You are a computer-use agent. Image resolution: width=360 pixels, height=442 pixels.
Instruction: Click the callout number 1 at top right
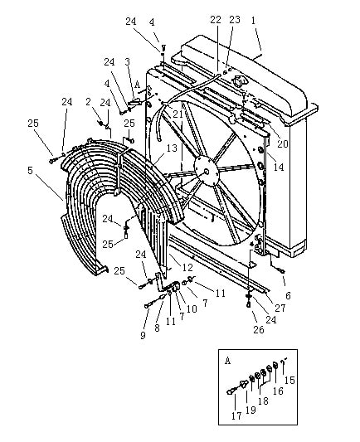point(254,21)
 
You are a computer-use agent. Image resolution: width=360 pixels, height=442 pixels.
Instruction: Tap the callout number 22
point(216,20)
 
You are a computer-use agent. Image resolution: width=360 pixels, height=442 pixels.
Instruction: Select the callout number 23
point(235,19)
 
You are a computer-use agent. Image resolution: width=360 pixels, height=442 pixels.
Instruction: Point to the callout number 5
point(31,171)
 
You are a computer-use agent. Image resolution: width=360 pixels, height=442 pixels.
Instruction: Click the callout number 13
point(172,148)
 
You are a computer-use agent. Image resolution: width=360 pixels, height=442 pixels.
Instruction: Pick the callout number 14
point(279,167)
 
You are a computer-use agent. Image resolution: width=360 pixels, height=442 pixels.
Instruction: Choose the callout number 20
point(283,143)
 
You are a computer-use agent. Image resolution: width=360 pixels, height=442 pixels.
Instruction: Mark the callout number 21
point(178,114)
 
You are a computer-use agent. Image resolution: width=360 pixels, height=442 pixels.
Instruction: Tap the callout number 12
point(187,267)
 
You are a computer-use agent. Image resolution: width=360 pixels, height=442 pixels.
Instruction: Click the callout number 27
point(280,308)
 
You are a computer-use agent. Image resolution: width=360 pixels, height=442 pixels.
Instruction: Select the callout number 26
point(259,329)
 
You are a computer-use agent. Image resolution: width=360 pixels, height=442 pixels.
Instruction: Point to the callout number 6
point(288,295)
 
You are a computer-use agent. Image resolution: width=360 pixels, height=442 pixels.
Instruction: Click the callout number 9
point(144,335)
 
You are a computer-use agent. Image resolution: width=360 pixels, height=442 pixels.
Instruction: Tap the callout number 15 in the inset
point(289,381)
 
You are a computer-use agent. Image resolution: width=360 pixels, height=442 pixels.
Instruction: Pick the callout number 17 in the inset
point(236,415)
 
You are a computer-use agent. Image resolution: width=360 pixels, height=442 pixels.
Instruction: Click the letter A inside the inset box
point(228,361)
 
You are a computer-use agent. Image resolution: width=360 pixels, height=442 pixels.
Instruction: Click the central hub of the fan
point(207,171)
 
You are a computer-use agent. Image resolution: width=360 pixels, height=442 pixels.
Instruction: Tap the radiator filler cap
point(239,82)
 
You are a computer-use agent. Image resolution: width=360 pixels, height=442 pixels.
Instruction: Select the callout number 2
point(89,102)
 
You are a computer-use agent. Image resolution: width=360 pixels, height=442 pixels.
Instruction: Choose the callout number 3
point(128,61)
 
